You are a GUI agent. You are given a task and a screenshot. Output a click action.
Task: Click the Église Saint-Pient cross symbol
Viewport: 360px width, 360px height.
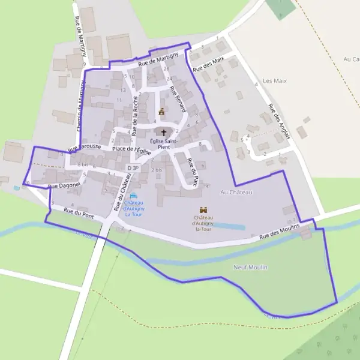(164, 131)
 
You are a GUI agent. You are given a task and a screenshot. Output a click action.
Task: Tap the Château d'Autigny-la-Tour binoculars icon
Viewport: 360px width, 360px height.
(203, 209)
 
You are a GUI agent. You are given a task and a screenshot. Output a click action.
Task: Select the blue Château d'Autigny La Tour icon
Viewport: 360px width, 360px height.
(133, 196)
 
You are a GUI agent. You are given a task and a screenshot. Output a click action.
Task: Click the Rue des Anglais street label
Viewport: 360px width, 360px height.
(279, 122)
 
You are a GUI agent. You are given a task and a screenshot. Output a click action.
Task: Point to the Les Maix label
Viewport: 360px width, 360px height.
(275, 80)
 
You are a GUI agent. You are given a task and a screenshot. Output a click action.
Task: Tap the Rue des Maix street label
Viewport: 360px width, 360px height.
(209, 64)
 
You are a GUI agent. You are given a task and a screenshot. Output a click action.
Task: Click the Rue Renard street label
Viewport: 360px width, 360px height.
(177, 99)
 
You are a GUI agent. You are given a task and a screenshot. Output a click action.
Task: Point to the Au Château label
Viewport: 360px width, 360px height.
(236, 192)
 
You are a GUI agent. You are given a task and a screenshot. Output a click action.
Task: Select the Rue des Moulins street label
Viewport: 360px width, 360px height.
(279, 233)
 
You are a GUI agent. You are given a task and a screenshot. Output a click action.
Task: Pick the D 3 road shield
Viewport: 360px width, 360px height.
(133, 168)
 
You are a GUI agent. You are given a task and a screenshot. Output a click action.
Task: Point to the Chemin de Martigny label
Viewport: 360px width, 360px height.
(79, 108)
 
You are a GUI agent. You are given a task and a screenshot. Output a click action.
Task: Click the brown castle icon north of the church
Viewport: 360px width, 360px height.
(161, 111)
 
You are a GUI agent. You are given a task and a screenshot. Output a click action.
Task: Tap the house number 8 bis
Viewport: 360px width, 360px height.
(83, 164)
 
